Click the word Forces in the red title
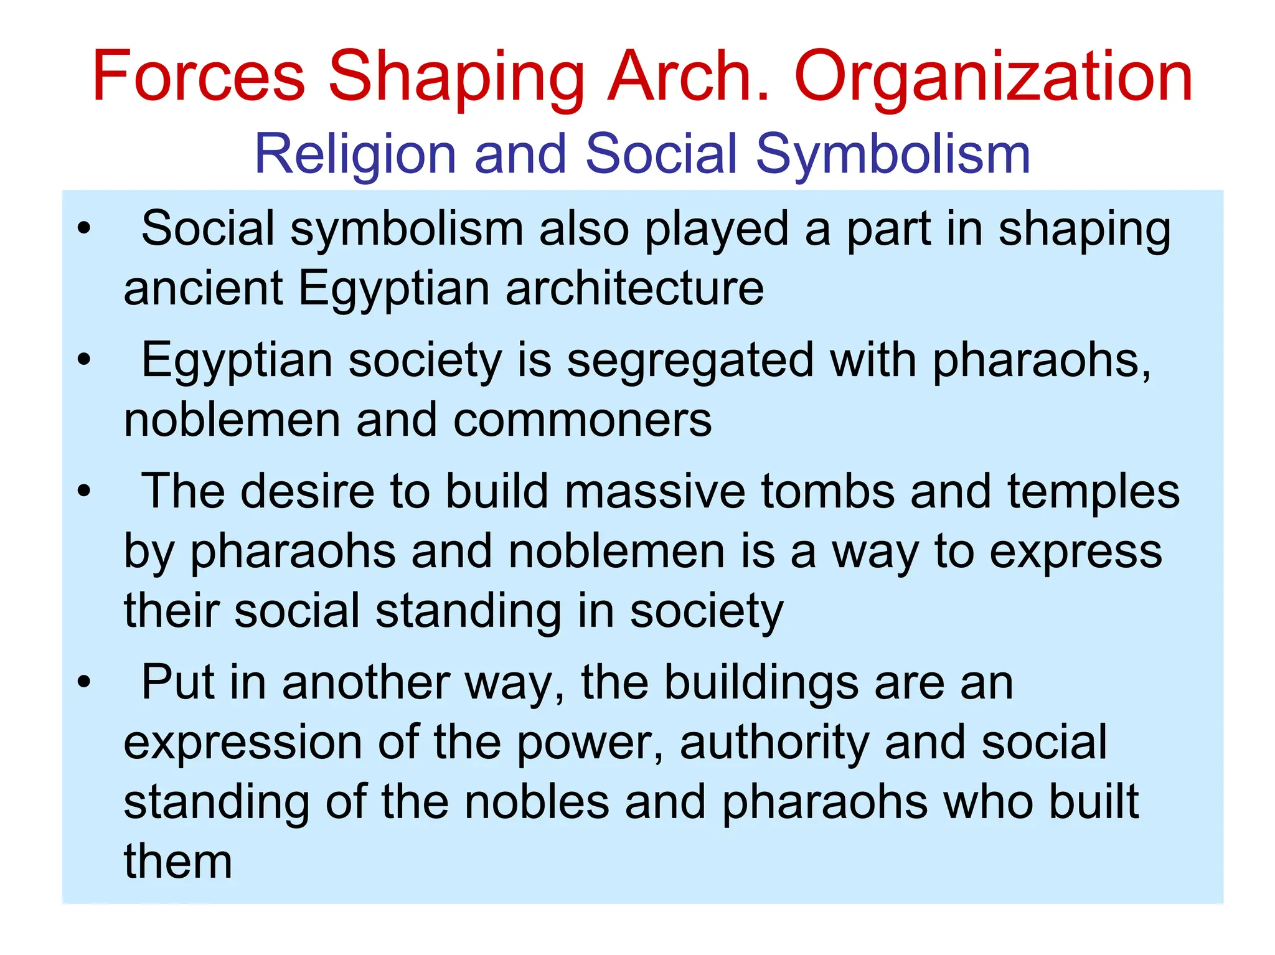point(199,76)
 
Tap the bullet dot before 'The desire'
point(84,491)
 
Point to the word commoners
point(582,420)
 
